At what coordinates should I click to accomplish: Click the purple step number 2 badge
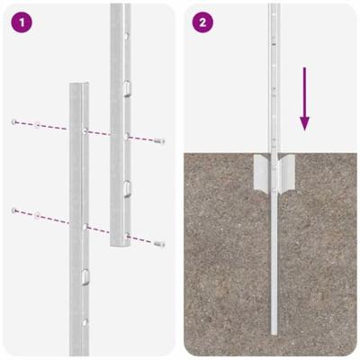point(204,21)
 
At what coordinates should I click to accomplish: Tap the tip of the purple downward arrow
point(305,129)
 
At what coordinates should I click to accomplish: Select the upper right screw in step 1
point(160,142)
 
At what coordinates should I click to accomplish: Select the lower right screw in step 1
point(158,244)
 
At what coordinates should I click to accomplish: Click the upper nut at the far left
point(15,120)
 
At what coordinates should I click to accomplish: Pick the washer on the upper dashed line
point(36,123)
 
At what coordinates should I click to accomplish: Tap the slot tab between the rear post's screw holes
point(127,186)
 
